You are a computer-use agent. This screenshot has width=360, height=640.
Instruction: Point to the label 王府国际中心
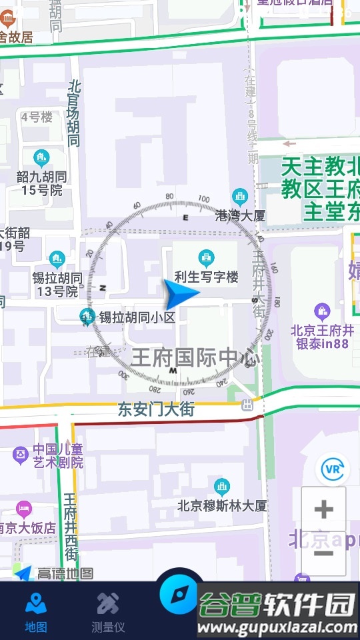pyautogui.click(x=195, y=357)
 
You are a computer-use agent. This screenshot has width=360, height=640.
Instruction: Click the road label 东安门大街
pyautogui.click(x=156, y=409)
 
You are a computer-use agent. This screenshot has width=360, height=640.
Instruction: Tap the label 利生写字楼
pyautogui.click(x=206, y=277)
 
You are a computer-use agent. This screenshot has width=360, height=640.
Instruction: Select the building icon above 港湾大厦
pyautogui.click(x=240, y=197)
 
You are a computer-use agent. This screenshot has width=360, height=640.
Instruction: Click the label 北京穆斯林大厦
pyautogui.click(x=222, y=505)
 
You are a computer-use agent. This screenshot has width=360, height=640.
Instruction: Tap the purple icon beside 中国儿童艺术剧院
pyautogui.click(x=21, y=455)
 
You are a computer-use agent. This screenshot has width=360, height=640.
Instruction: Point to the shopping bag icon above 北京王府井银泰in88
pyautogui.click(x=323, y=311)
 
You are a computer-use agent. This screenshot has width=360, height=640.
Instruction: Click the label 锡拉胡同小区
pyautogui.click(x=137, y=317)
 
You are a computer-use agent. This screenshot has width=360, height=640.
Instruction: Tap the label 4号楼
pyautogui.click(x=37, y=117)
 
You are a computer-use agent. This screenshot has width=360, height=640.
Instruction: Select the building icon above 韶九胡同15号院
pyautogui.click(x=42, y=158)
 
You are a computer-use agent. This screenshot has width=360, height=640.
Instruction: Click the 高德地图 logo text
pyautogui.click(x=65, y=573)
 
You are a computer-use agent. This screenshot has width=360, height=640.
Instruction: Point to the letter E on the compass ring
pyautogui.click(x=186, y=218)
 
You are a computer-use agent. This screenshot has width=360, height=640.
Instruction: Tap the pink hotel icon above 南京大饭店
pyautogui.click(x=24, y=510)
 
